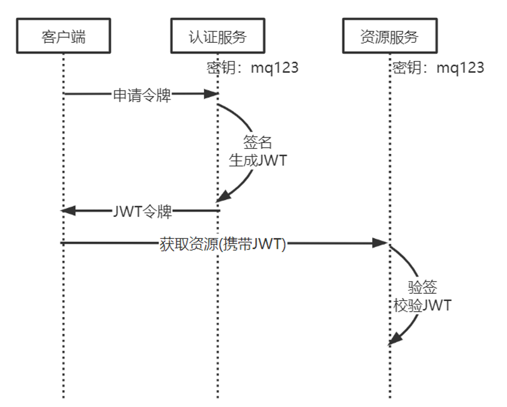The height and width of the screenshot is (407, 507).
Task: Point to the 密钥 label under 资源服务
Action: [x=406, y=68]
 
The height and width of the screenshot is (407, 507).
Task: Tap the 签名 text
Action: [x=257, y=142]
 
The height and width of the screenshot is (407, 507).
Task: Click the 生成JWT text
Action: [x=257, y=159]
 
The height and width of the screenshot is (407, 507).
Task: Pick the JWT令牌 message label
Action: [x=143, y=210]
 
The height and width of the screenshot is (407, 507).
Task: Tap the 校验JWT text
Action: [x=422, y=305]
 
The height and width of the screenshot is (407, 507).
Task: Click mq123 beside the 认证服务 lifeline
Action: [x=275, y=68]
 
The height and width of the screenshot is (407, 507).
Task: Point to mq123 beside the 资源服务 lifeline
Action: [x=460, y=68]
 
